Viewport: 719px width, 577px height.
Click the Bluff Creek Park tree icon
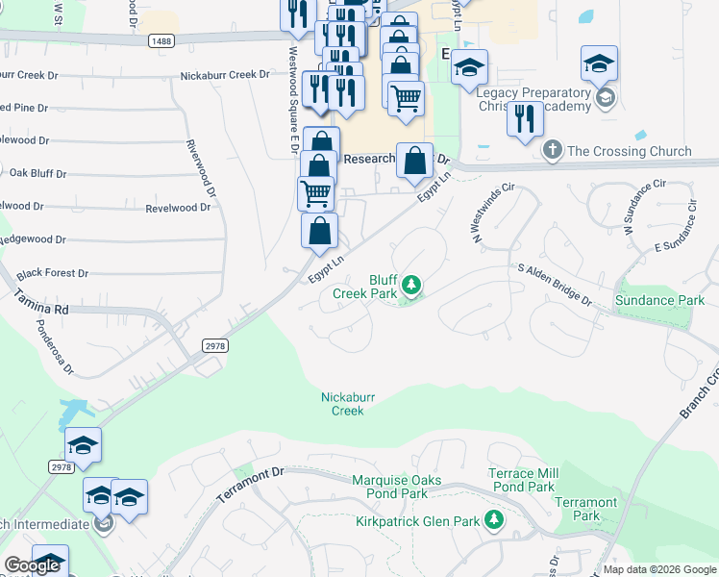(x=411, y=284)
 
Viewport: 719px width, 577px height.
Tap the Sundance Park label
(x=659, y=301)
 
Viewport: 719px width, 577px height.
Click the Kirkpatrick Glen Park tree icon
(x=494, y=521)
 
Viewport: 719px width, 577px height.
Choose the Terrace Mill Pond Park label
(x=522, y=480)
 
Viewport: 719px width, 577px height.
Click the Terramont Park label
(x=585, y=509)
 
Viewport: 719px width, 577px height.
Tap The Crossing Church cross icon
(x=552, y=150)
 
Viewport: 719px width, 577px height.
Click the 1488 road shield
(x=161, y=40)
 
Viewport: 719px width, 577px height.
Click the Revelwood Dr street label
(x=178, y=208)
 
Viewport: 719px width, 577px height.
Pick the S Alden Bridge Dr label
(x=555, y=286)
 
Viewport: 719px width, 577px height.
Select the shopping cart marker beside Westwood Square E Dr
(x=315, y=193)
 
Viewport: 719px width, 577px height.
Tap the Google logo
(x=31, y=565)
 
